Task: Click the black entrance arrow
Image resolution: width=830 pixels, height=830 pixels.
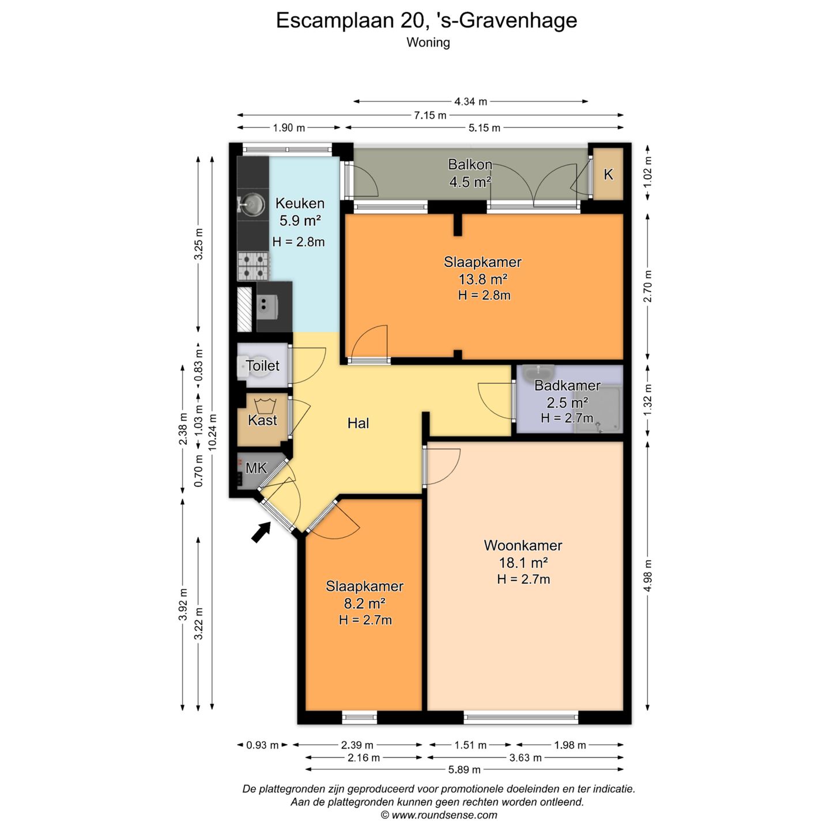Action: [x=261, y=532]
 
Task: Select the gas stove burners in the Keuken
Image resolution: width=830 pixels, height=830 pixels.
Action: [x=254, y=266]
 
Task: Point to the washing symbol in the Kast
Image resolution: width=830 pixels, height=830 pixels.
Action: [x=265, y=405]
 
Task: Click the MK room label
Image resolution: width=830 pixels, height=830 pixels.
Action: [x=256, y=468]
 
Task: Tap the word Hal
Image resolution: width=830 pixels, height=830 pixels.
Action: [x=358, y=423]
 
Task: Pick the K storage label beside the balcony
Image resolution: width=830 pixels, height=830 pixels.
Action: [x=608, y=174]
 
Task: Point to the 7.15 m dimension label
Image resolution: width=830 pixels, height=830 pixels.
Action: [x=430, y=115]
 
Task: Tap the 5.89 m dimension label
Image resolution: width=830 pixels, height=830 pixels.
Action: [x=464, y=769]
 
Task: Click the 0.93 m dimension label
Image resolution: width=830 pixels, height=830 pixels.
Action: [x=262, y=745]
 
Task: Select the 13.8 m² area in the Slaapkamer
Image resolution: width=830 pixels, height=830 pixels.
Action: [x=482, y=279]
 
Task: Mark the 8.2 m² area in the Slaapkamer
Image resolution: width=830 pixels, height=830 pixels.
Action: [x=364, y=603]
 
